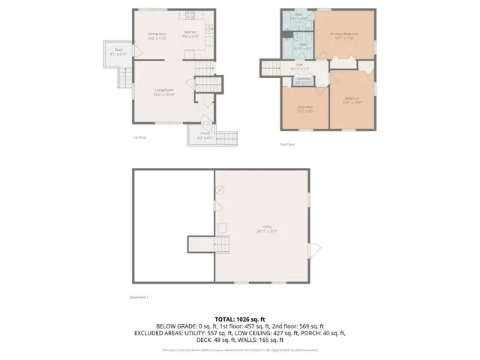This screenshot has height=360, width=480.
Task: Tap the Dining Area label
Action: (x=157, y=34)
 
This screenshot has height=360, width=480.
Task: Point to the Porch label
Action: (x=205, y=136)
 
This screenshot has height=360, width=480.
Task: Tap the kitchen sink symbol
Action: (x=190, y=13)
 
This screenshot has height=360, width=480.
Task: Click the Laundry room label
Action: (x=304, y=80)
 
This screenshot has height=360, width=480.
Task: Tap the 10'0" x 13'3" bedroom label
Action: (x=352, y=100)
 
